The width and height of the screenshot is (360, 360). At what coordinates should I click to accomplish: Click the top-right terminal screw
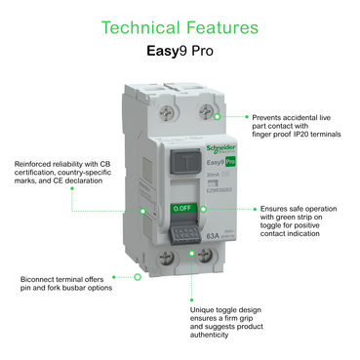pos(207,113)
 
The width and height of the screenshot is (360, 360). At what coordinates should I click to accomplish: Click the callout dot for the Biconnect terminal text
pos(138,277)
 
